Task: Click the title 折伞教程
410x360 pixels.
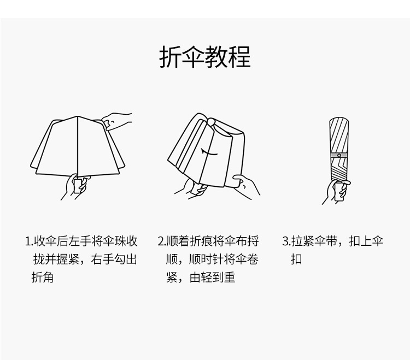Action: (205, 57)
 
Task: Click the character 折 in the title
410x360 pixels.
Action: (170, 57)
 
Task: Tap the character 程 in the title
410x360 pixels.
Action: (240, 57)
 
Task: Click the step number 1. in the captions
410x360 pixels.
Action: (29, 241)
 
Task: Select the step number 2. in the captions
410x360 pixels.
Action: (162, 241)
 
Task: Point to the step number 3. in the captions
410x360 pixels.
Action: (286, 241)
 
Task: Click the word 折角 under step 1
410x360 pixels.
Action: (43, 278)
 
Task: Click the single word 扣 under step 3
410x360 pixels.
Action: (296, 259)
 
